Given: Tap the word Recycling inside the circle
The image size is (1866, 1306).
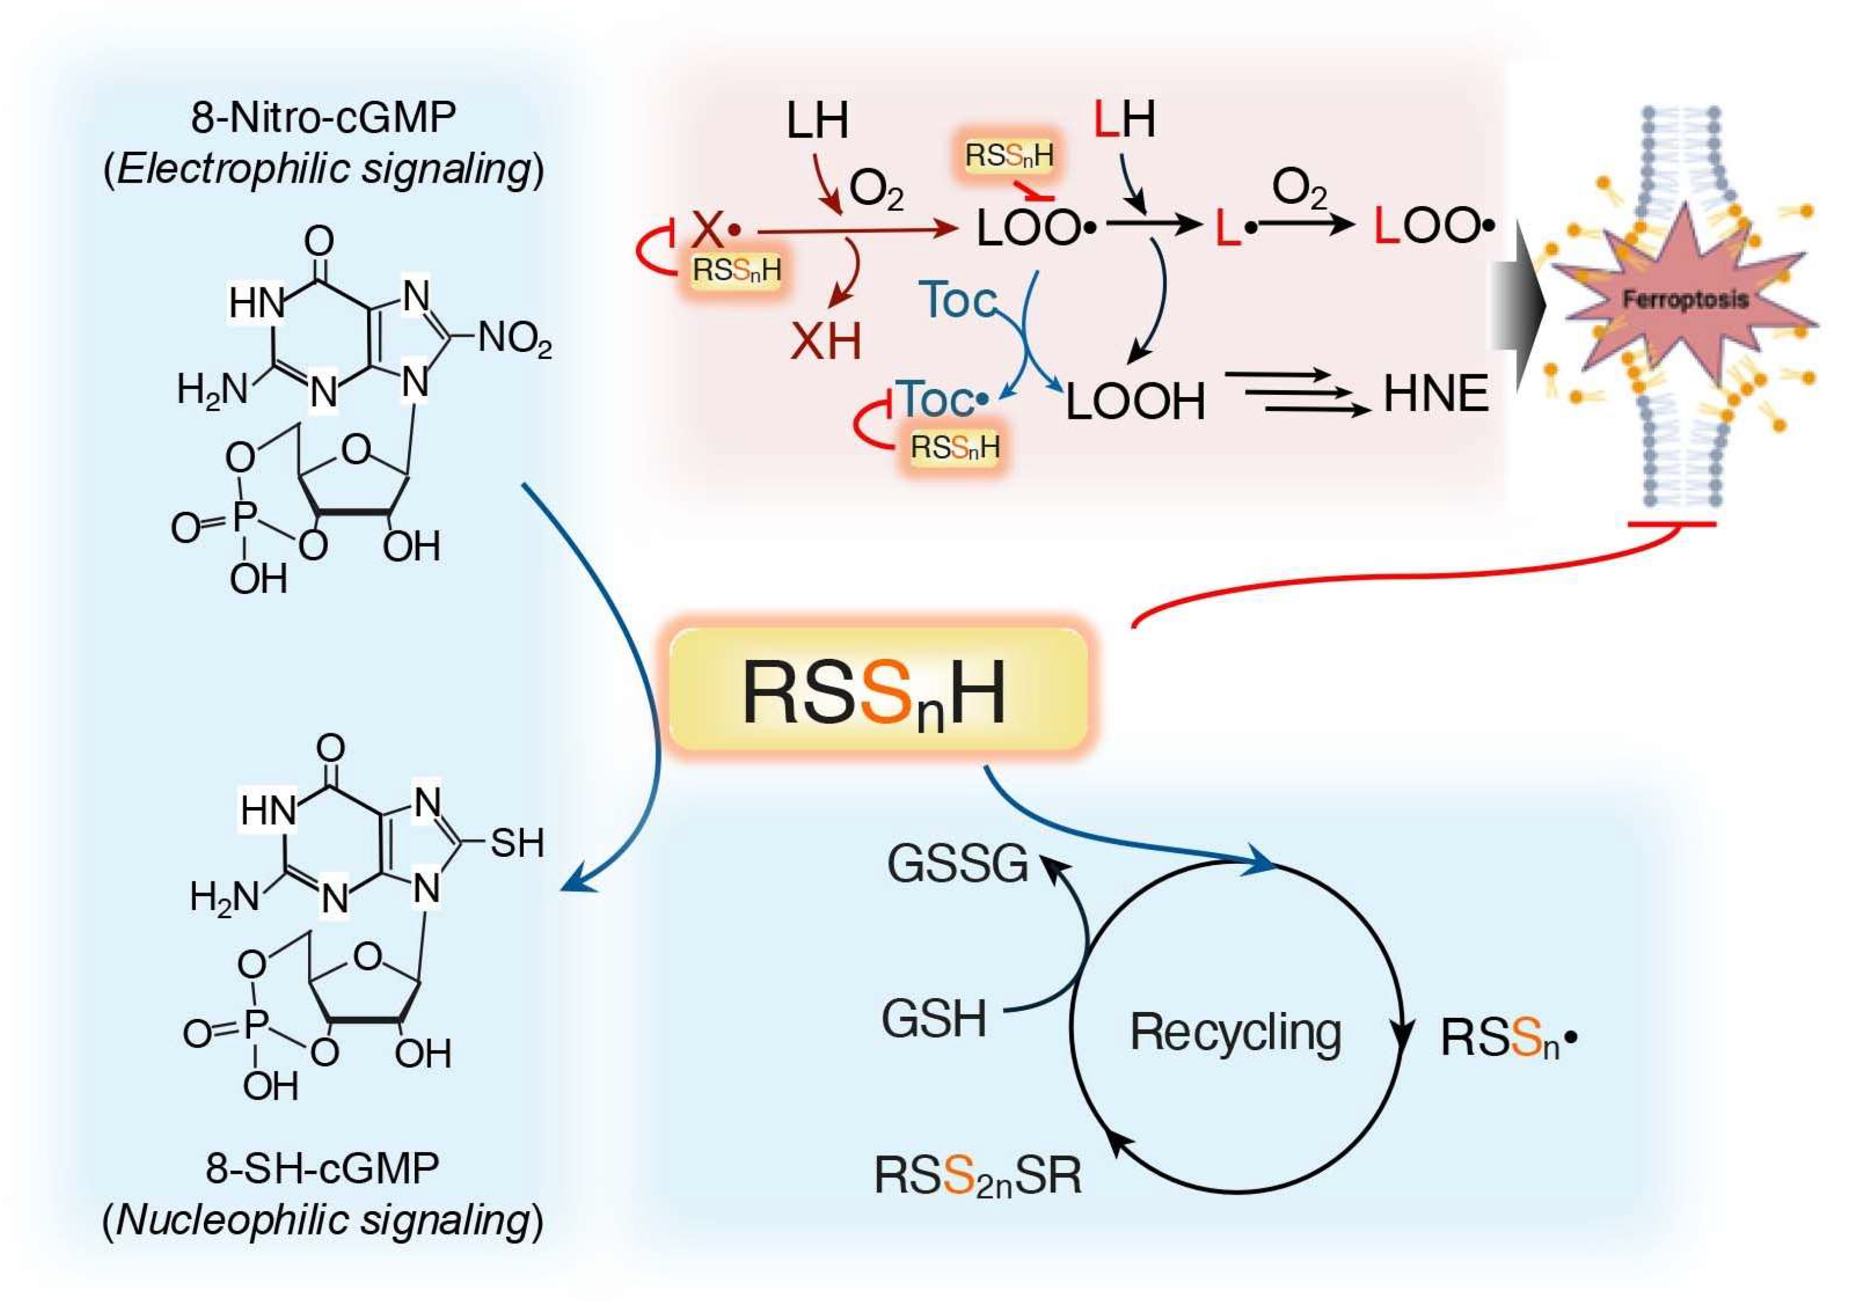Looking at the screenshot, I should [1235, 1032].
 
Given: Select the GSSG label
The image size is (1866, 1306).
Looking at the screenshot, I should [958, 863].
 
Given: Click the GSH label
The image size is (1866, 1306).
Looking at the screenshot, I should [935, 1019].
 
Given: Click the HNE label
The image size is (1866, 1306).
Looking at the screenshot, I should [1436, 394].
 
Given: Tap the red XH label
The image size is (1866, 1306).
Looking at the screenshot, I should [826, 341].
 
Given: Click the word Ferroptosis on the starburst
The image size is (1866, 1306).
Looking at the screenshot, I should [1685, 300].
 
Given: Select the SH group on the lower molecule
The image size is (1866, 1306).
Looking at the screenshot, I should [517, 843].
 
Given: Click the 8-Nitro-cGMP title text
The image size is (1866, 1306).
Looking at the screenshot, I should [323, 119].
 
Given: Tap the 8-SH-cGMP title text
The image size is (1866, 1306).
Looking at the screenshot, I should [323, 1168].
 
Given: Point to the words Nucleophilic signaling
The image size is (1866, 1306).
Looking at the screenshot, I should [323, 1220].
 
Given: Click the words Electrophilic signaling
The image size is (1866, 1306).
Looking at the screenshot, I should [323, 169].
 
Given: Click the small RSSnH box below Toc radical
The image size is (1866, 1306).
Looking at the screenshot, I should [955, 447].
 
